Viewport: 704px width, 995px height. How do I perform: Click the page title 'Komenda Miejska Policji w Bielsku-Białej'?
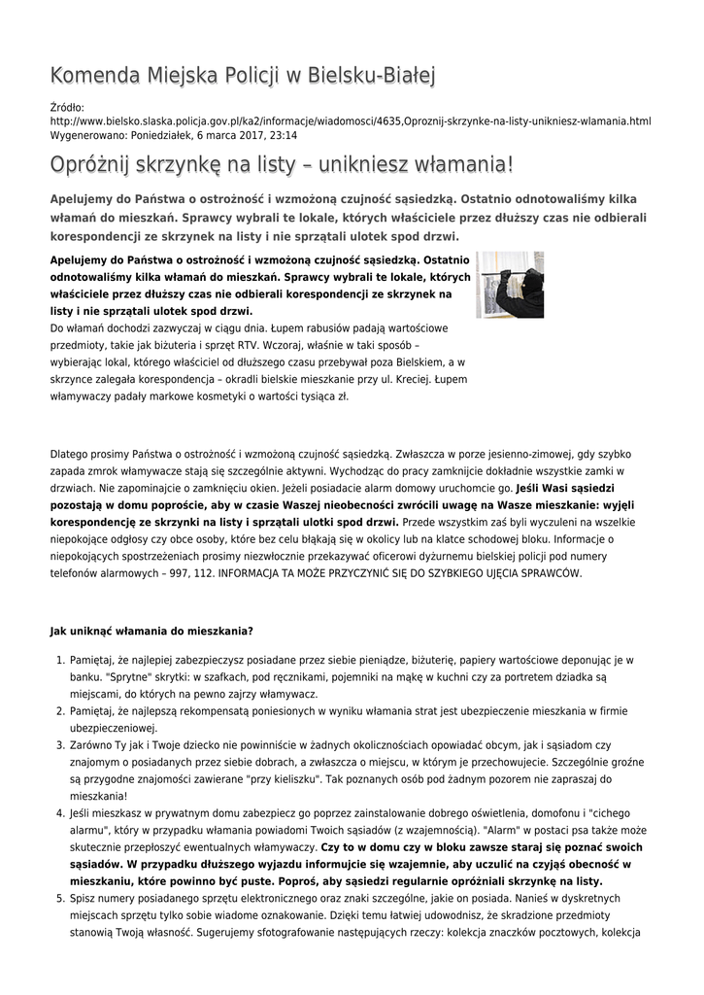click(x=243, y=76)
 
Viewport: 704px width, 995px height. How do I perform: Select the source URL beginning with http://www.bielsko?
click(x=350, y=121)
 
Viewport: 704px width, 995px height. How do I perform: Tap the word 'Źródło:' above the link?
click(x=67, y=107)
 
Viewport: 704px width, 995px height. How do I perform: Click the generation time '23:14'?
click(x=284, y=135)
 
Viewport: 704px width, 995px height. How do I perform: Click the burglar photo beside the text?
click(x=510, y=285)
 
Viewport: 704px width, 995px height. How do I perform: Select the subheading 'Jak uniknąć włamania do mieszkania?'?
click(x=151, y=631)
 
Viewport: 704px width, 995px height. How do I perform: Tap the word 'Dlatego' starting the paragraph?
click(x=69, y=453)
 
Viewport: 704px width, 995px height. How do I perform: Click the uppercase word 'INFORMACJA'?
click(x=251, y=573)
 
